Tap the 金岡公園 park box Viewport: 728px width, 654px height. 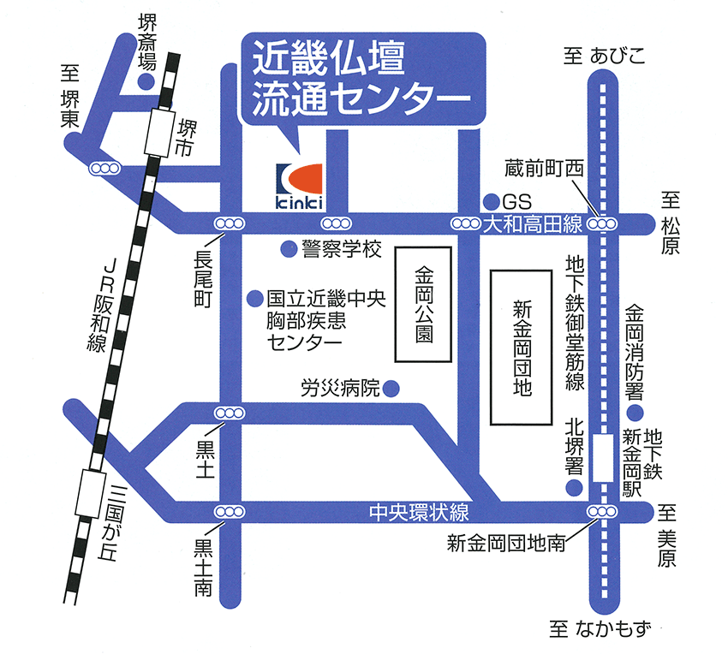click(424, 303)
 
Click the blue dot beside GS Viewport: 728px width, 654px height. click(491, 201)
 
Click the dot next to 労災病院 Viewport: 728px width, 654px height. click(391, 389)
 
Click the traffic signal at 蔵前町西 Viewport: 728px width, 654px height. click(604, 224)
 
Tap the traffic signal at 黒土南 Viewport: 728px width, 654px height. click(229, 512)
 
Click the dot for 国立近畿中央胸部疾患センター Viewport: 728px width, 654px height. click(254, 299)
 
